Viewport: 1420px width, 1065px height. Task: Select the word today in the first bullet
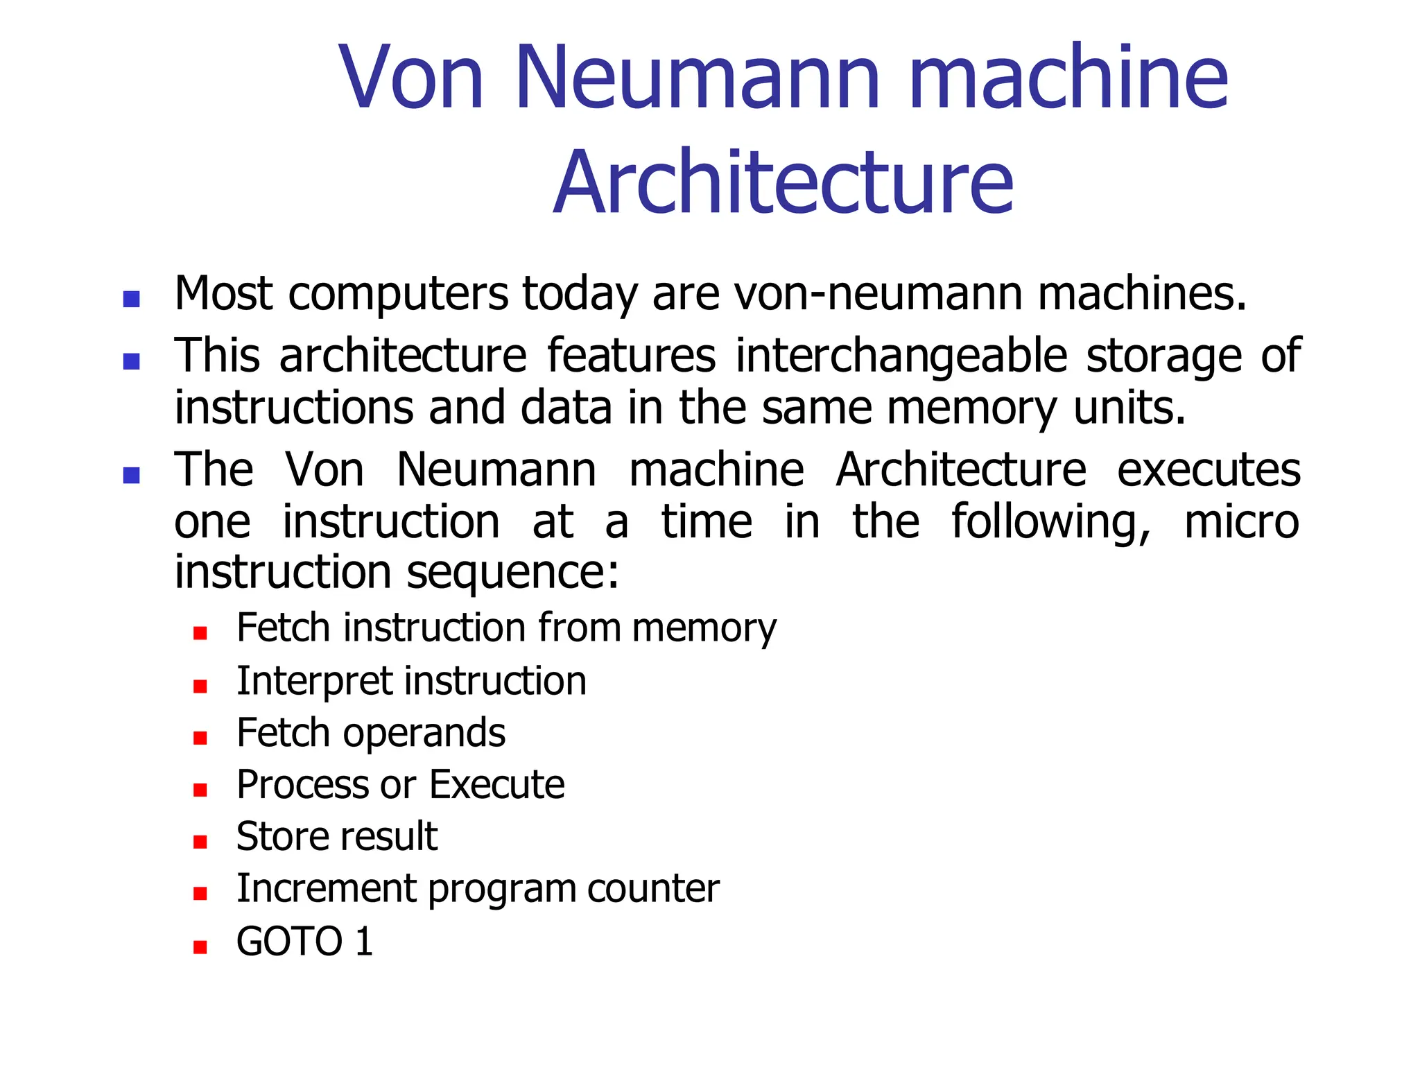pyautogui.click(x=580, y=294)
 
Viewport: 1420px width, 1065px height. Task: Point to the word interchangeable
pyautogui.click(x=901, y=356)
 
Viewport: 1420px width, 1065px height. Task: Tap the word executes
pyautogui.click(x=1209, y=470)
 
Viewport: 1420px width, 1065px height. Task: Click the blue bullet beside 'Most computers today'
pyautogui.click(x=131, y=299)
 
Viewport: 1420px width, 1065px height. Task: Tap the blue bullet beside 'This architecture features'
pyautogui.click(x=131, y=361)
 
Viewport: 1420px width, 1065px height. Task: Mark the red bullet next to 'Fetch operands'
pyautogui.click(x=200, y=738)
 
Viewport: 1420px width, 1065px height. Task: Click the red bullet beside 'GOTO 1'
pyautogui.click(x=200, y=947)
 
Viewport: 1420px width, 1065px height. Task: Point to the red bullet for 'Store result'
pyautogui.click(x=200, y=842)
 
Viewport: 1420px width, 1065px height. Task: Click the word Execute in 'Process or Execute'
pyautogui.click(x=496, y=785)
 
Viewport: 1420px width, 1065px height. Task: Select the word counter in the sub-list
pyautogui.click(x=653, y=889)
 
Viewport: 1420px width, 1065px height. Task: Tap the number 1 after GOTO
pyautogui.click(x=364, y=942)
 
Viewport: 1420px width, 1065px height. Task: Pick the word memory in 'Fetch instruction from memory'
pyautogui.click(x=704, y=629)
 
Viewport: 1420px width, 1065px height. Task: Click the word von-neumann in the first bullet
pyautogui.click(x=878, y=294)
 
